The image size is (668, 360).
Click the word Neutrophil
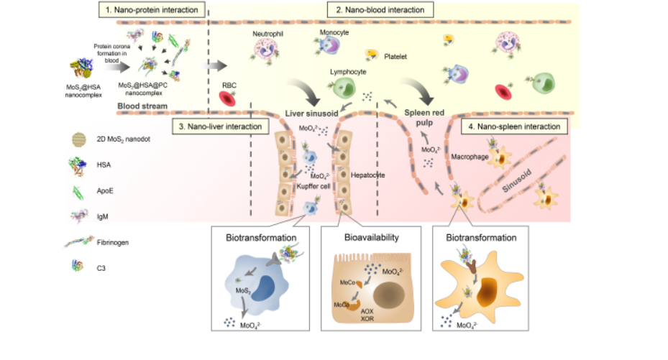tap(266, 34)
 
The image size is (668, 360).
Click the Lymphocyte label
tap(348, 73)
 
